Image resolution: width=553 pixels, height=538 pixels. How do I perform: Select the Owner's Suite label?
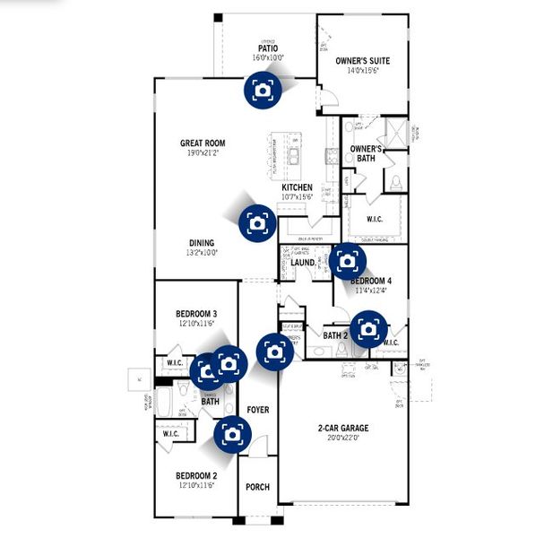pos(364,61)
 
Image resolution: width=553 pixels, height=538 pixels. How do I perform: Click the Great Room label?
pos(203,143)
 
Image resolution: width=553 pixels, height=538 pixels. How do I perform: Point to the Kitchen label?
pos(297,187)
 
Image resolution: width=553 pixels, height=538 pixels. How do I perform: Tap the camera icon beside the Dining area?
pos(258,221)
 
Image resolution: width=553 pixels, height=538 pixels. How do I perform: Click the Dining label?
pos(202,242)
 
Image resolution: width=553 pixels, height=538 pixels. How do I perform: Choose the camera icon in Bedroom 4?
pos(347,261)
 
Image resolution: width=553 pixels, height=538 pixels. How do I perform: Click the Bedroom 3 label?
pos(196,314)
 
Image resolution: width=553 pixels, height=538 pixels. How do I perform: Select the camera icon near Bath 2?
pos(367,328)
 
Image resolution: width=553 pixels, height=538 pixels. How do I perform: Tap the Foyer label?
pos(258,410)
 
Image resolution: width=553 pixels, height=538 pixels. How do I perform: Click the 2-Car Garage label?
pos(342,428)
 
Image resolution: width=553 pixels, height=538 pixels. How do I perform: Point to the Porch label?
pos(257,487)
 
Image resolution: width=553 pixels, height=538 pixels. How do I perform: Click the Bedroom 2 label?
pos(196,475)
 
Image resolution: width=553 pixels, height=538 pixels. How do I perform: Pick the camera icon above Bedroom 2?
pos(231,434)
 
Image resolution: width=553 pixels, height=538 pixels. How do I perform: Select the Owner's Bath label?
pos(366,153)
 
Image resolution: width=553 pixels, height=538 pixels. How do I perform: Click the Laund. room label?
pos(302,263)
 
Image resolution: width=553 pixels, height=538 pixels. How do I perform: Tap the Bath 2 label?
pos(335,336)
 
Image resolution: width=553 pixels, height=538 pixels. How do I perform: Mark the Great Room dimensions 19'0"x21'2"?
pos(203,153)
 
